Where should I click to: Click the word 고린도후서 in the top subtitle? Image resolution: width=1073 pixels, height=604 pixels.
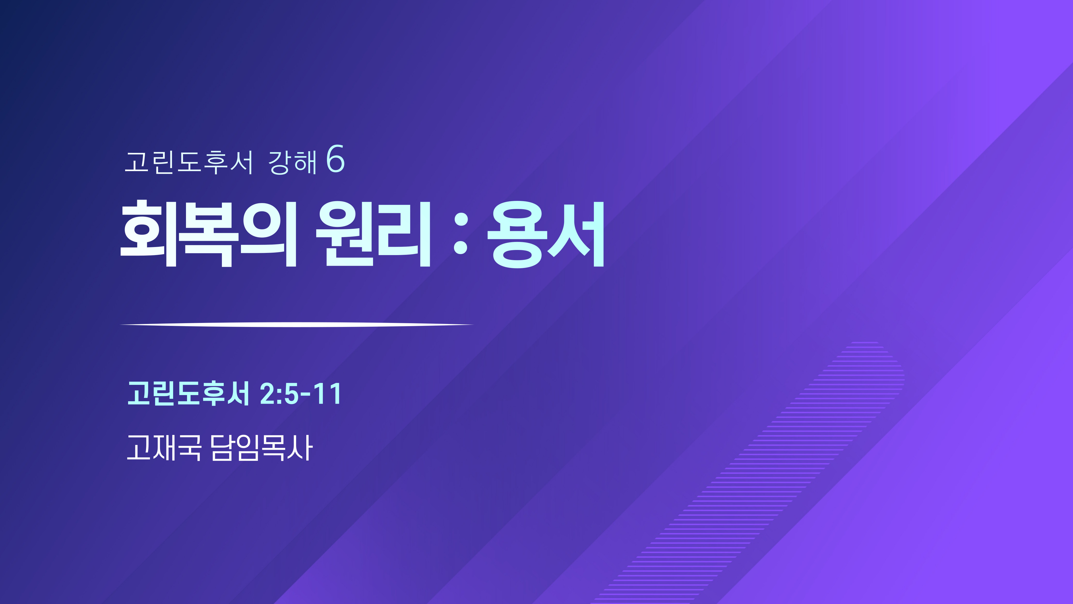tap(189, 162)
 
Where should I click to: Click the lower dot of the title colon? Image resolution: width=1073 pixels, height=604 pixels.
tap(461, 247)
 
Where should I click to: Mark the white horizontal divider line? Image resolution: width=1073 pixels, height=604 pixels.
tap(297, 324)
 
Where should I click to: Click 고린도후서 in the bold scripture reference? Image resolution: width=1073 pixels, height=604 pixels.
tap(188, 393)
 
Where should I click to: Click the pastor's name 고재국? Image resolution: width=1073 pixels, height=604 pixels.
tap(164, 448)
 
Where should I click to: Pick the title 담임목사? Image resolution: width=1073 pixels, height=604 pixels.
tap(262, 448)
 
